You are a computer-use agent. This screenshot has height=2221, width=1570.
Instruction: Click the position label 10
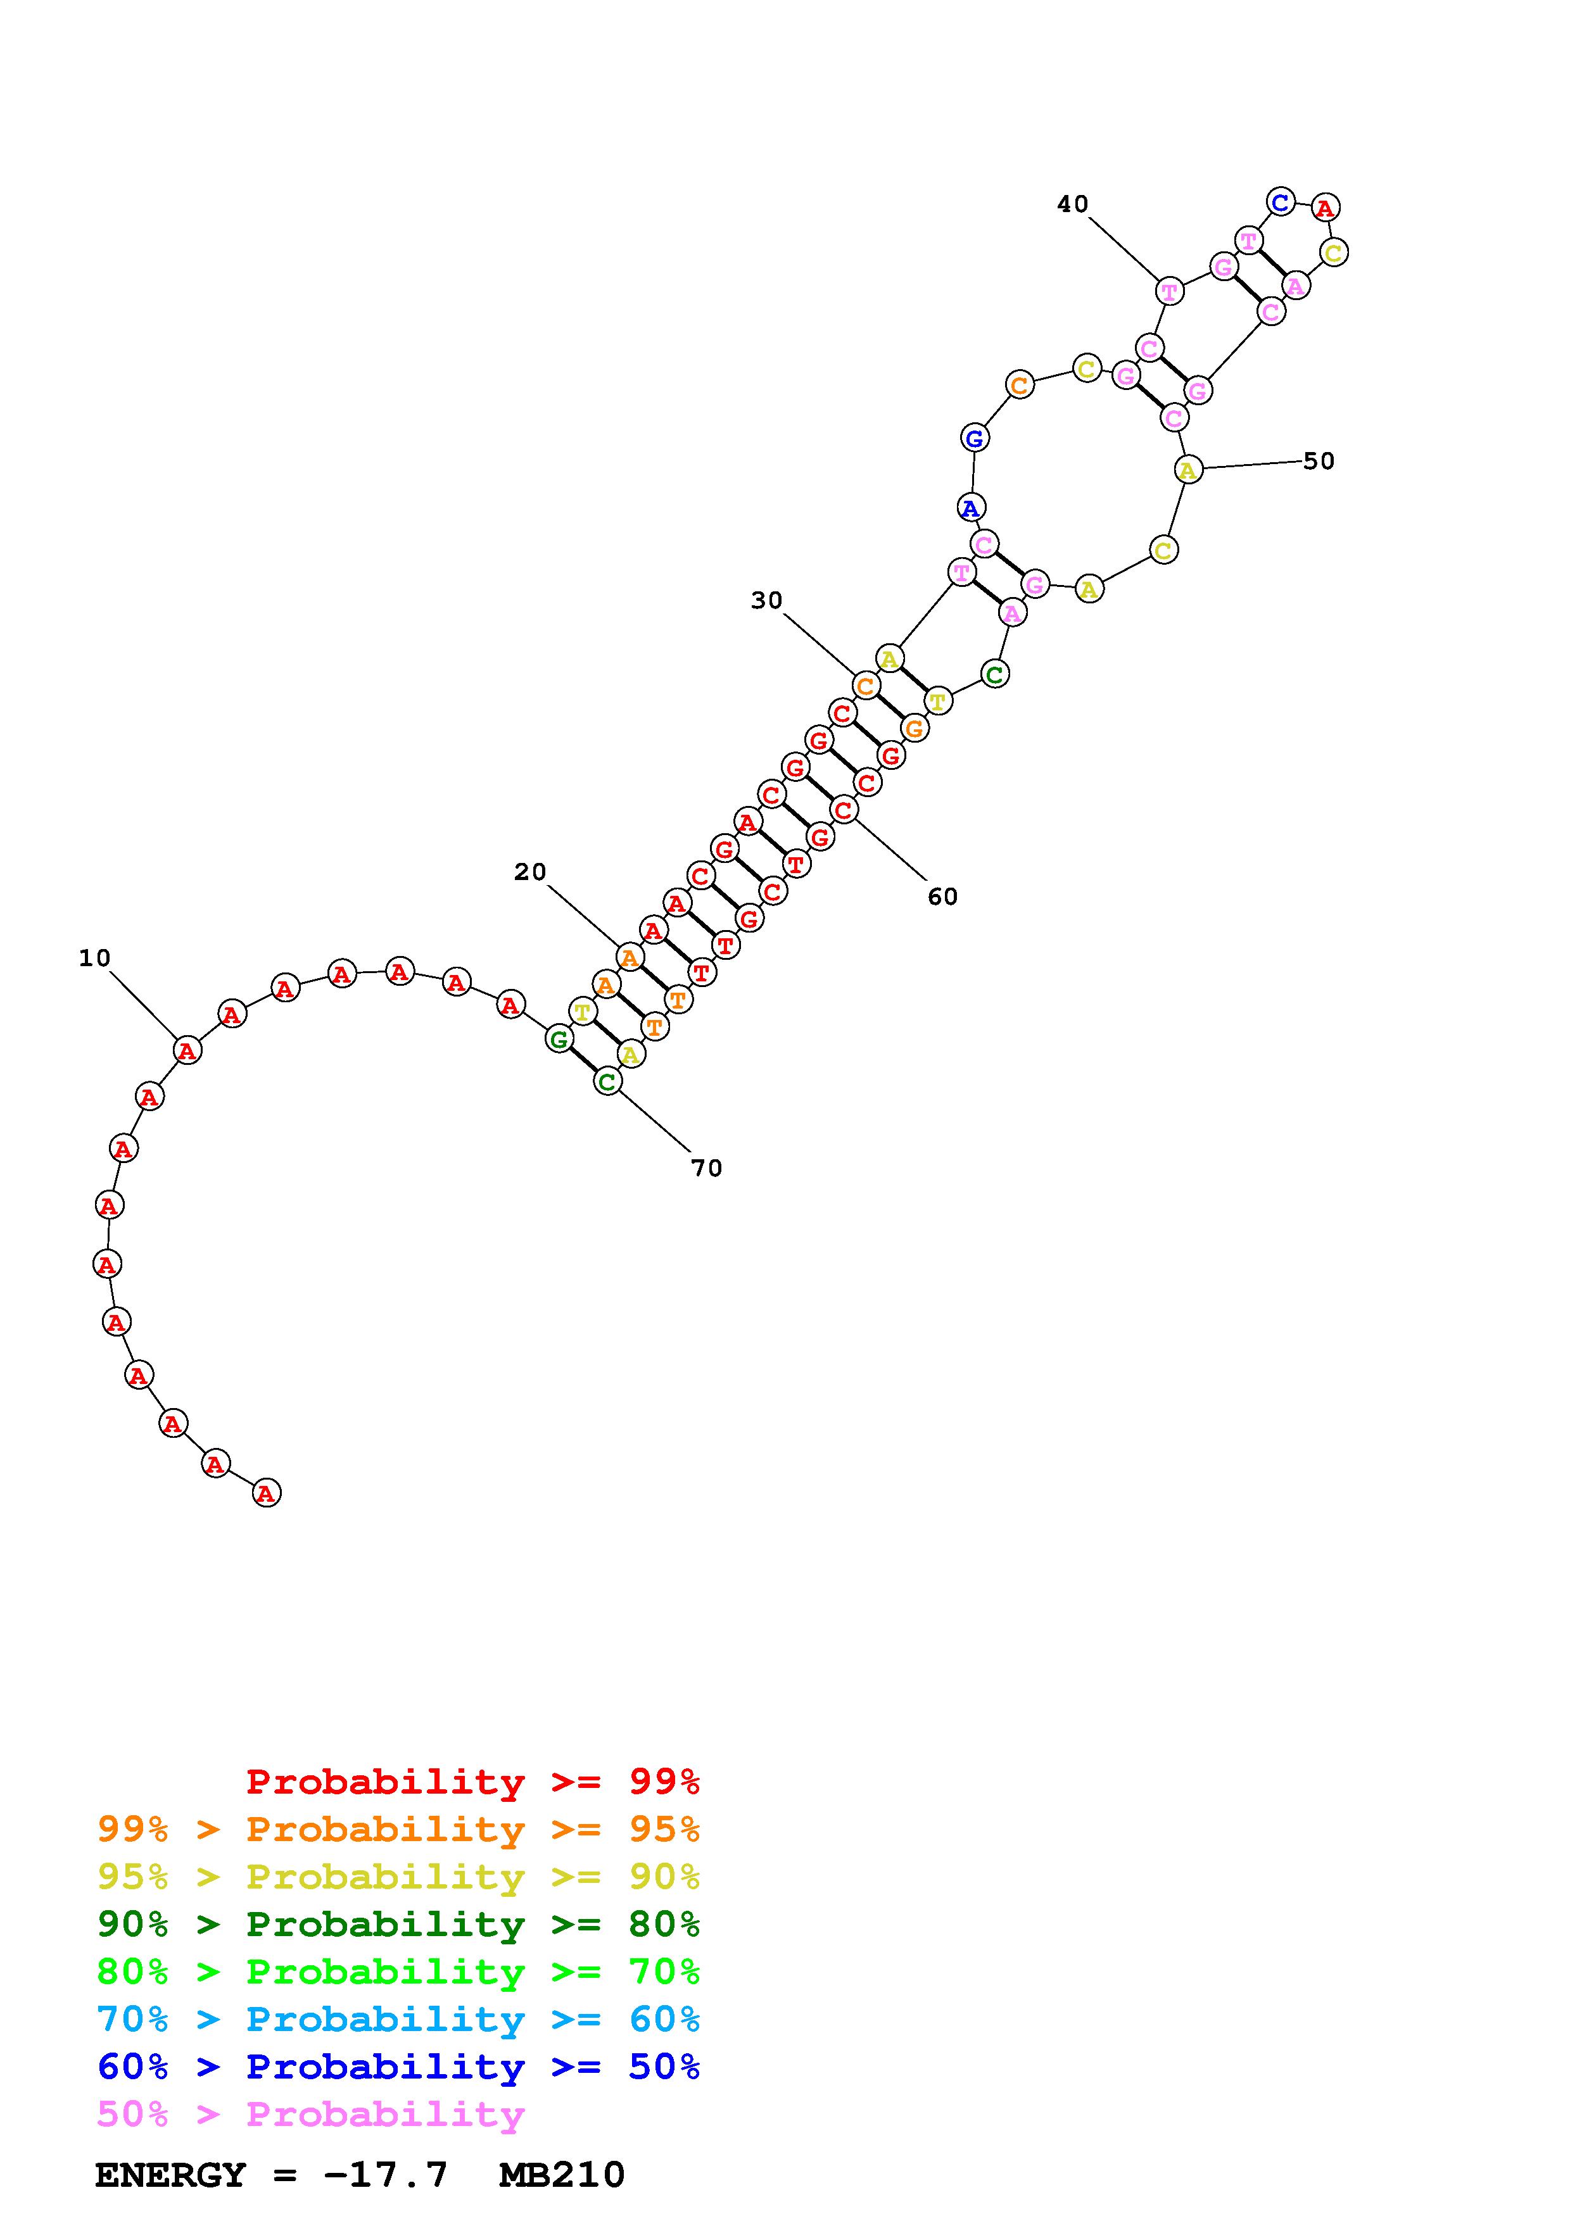95,958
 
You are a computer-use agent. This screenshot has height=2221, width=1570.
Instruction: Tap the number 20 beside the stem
530,872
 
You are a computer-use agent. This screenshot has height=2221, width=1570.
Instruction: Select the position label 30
767,601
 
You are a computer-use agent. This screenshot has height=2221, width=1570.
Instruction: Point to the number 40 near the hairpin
1073,204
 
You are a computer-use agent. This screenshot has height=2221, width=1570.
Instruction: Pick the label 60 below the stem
942,897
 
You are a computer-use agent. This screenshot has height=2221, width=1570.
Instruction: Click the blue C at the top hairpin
1280,202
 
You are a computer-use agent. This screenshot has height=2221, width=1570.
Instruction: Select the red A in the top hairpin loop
1326,207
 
